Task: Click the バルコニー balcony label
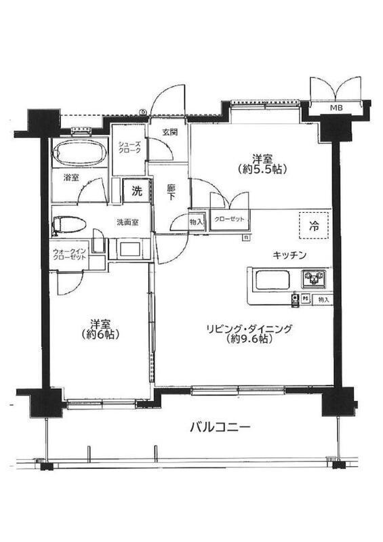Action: pos(220,428)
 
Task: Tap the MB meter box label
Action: pos(336,108)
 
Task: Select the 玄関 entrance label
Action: pos(170,131)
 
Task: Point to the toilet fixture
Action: pos(69,226)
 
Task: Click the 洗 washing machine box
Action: pos(137,191)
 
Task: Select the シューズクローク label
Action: pos(129,147)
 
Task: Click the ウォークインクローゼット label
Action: pos(69,254)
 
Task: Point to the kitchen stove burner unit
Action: pos(314,279)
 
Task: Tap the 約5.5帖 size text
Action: pos(262,169)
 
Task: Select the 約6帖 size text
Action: pos(100,334)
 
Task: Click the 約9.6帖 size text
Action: pos(247,339)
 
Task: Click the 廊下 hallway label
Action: pos(171,192)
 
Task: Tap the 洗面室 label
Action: pos(127,222)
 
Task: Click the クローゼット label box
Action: pos(229,220)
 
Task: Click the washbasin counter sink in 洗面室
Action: pos(129,249)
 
